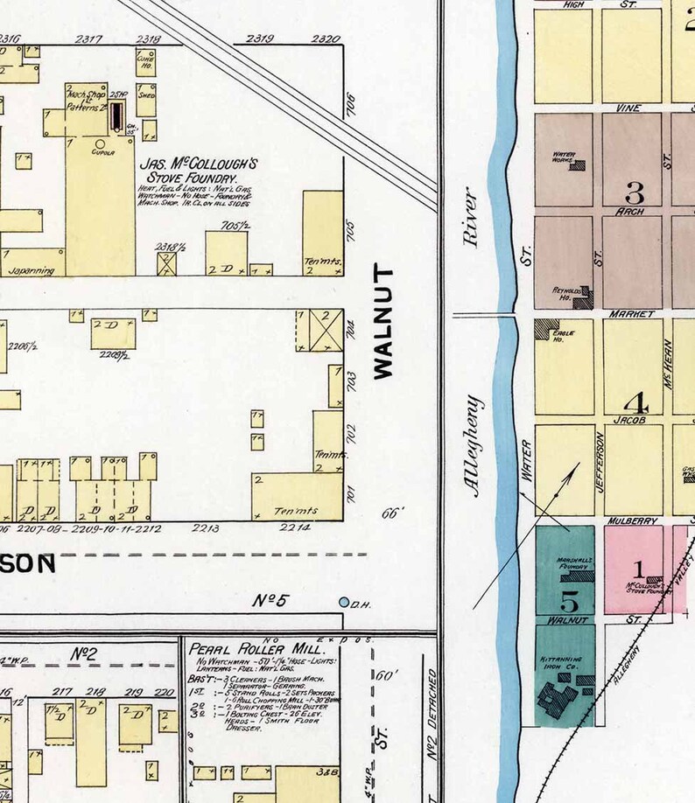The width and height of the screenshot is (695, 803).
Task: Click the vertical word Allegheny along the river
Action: [475, 446]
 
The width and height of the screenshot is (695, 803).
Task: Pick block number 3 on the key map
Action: [635, 192]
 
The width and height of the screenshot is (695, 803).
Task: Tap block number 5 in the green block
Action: [569, 602]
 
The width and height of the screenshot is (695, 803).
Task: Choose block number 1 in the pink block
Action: [638, 569]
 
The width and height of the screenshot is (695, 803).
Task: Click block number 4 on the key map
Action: [635, 404]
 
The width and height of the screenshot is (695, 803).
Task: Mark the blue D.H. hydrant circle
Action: [344, 603]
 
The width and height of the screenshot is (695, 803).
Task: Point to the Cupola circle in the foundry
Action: [99, 143]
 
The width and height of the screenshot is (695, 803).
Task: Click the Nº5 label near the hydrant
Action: [270, 601]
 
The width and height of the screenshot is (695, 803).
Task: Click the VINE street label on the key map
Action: [628, 108]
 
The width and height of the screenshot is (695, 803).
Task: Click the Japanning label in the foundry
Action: [32, 271]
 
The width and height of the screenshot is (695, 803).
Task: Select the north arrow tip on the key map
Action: [578, 464]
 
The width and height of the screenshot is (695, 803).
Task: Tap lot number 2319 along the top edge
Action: [260, 38]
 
